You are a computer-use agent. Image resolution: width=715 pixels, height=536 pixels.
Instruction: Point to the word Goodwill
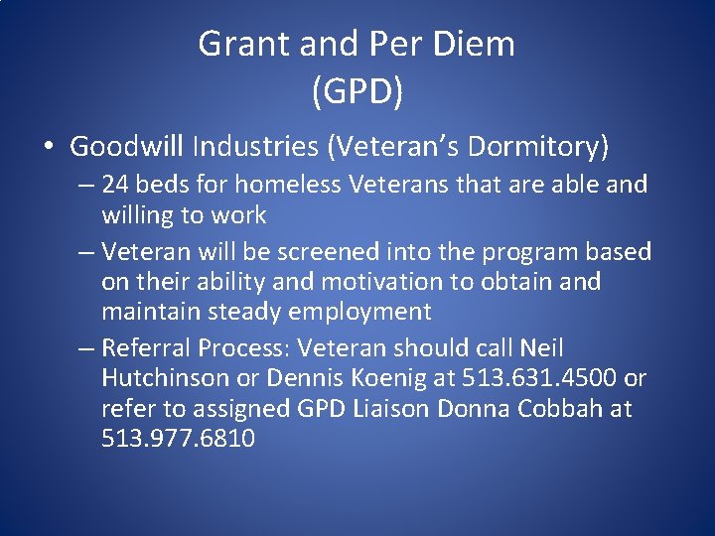127,147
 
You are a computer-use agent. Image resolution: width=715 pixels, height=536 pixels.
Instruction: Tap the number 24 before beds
116,185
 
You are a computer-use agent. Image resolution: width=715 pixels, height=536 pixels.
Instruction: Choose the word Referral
146,348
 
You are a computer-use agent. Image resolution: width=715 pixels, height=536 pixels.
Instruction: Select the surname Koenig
389,378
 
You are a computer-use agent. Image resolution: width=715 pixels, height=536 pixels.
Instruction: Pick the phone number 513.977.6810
178,438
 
